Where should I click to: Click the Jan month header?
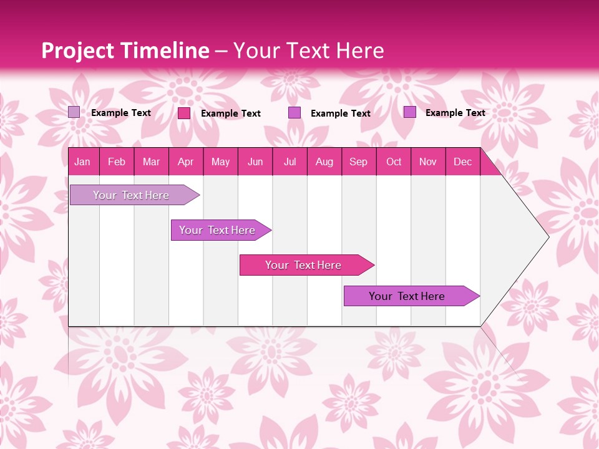(x=83, y=162)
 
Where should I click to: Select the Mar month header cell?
(x=151, y=162)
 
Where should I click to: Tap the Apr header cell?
(x=185, y=162)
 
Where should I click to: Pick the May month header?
(x=220, y=162)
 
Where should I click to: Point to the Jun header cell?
(x=255, y=162)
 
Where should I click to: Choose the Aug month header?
(x=324, y=162)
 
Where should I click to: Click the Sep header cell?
(x=358, y=162)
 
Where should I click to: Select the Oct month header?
(x=394, y=162)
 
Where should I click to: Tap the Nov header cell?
(x=428, y=162)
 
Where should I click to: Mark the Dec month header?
(x=462, y=162)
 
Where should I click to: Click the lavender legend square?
(x=74, y=112)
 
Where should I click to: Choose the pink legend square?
(x=184, y=113)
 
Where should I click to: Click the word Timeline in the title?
(x=164, y=51)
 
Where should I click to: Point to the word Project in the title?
(x=79, y=51)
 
